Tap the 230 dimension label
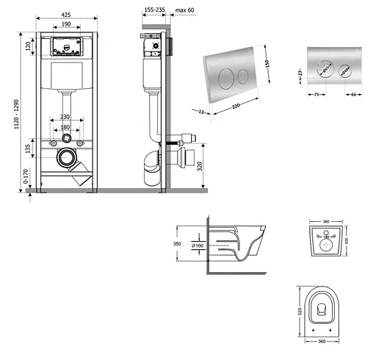pos(65,118)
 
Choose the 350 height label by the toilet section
pos(176,243)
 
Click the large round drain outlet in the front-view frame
pos(66,157)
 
